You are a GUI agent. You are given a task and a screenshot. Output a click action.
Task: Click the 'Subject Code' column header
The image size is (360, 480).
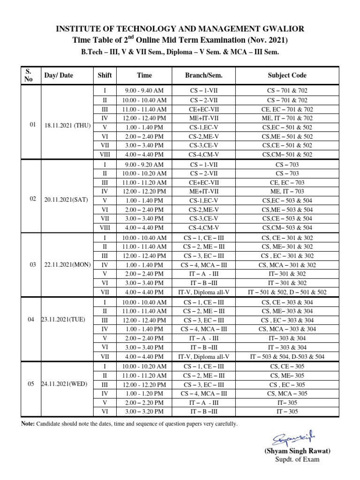[x=287, y=75]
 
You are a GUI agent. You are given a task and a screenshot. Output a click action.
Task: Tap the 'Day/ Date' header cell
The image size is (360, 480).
[x=59, y=75]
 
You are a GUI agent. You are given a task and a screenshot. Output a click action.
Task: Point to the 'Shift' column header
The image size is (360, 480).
[x=105, y=75]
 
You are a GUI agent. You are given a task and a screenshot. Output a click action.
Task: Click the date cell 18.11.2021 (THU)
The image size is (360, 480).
[x=66, y=125]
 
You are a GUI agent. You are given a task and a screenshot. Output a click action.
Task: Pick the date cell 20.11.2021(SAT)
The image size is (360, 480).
[x=66, y=199]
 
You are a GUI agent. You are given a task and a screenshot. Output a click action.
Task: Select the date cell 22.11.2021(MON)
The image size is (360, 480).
[x=66, y=265]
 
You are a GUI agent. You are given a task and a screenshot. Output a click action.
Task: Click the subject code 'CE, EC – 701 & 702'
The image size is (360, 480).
[x=287, y=109]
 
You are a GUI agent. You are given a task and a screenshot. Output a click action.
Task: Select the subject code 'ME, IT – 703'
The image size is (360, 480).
[x=287, y=191]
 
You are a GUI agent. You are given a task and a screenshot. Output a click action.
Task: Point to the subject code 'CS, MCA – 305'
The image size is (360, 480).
[x=287, y=393]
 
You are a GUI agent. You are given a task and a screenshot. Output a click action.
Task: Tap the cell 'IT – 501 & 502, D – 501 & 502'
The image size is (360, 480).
[x=287, y=292]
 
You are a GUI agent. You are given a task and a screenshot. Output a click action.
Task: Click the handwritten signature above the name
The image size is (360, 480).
[x=290, y=438]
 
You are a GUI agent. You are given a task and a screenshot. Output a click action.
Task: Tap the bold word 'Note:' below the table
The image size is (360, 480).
[x=29, y=424]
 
